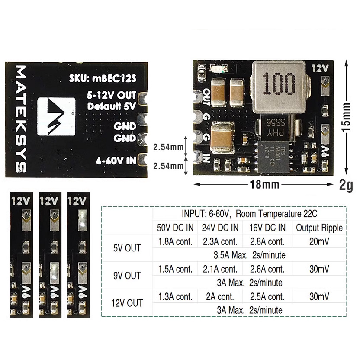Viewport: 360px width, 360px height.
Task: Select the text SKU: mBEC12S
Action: pyautogui.click(x=103, y=78)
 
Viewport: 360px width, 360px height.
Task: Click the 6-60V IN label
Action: pyautogui.click(x=116, y=161)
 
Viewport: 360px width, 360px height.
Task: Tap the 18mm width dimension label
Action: pyautogui.click(x=264, y=184)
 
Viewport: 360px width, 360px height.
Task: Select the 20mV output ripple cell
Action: pyautogui.click(x=319, y=241)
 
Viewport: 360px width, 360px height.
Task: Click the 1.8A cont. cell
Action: pyautogui.click(x=175, y=241)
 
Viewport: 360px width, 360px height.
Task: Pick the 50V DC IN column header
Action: pyautogui.click(x=175, y=228)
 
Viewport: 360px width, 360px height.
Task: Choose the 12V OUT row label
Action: pyautogui.click(x=127, y=303)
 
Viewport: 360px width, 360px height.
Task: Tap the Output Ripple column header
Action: pyautogui.click(x=319, y=228)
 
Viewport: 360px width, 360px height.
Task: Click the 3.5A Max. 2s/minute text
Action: pyautogui.click(x=249, y=255)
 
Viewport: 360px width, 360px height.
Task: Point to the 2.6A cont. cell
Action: pyautogui.click(x=267, y=269)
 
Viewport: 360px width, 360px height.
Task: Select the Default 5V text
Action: pyautogui.click(x=112, y=106)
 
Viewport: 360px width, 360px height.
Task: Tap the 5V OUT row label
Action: pyautogui.click(x=127, y=248)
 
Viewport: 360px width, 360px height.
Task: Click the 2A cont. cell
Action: pyautogui.click(x=220, y=297)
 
